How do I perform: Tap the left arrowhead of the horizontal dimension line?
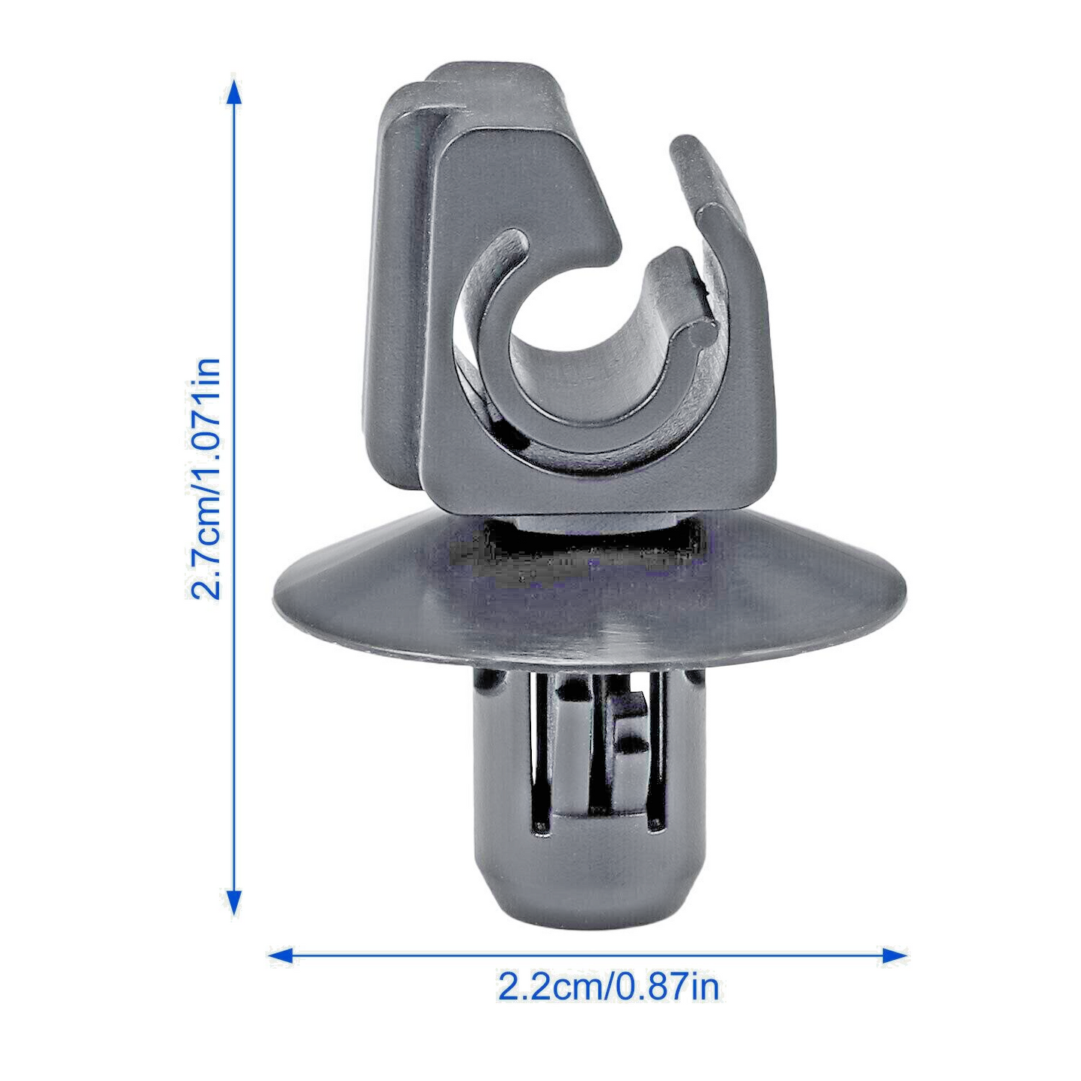(x=280, y=955)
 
